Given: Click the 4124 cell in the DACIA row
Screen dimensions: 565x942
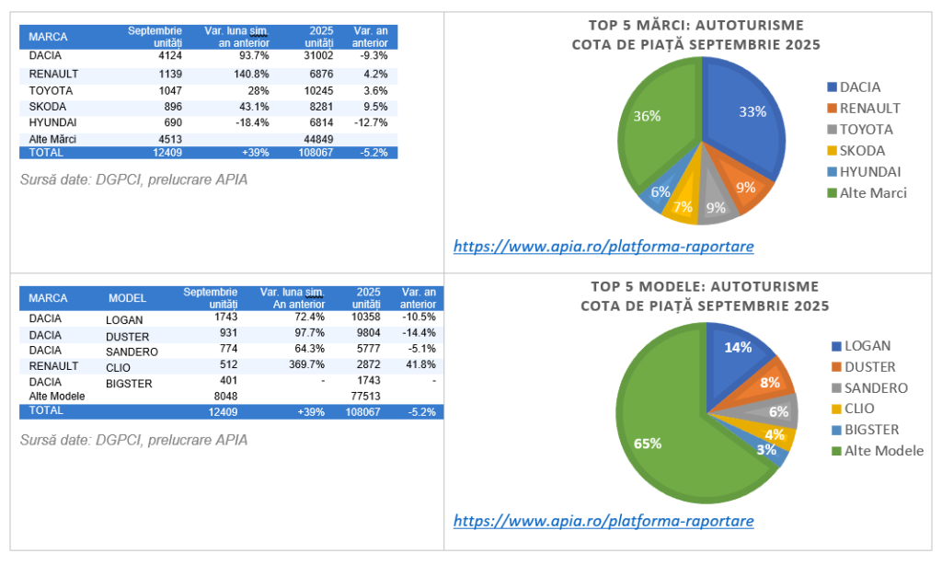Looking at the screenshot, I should click(x=170, y=56).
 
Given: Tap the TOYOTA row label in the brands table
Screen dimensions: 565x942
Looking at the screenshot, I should click(x=51, y=90).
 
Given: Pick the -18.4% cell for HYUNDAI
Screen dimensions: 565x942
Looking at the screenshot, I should click(x=250, y=122).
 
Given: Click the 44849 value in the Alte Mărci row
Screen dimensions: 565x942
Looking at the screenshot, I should click(x=316, y=139).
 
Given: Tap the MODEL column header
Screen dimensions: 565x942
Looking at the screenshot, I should click(x=127, y=298).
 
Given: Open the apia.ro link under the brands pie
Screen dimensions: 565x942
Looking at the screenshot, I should click(x=604, y=247).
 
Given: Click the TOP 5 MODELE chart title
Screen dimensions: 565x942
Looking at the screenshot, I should click(x=704, y=295).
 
